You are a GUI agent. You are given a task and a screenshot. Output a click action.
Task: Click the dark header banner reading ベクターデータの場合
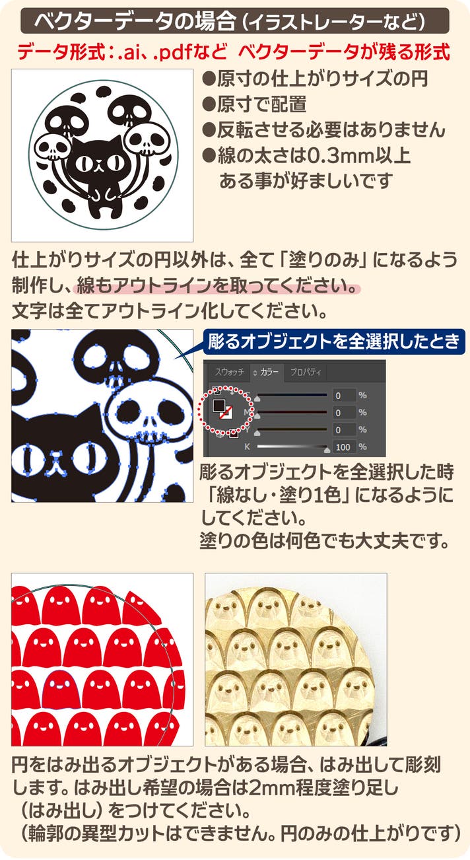point(234,20)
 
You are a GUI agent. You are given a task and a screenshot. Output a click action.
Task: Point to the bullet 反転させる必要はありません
point(323,129)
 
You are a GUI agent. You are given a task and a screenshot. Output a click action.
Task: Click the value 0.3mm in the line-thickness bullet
point(344,155)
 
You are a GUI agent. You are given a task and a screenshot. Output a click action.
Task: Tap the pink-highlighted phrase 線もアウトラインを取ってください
point(217,285)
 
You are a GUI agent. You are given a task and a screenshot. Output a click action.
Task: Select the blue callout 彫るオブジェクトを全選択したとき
point(333,341)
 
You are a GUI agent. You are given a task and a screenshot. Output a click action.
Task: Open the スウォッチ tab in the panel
point(230,372)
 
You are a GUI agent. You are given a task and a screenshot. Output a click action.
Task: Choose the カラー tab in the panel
point(269,372)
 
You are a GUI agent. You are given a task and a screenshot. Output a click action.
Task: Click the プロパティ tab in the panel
point(306,372)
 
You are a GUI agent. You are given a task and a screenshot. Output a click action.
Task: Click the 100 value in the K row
point(343,447)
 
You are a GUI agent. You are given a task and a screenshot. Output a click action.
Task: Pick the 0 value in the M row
point(338,413)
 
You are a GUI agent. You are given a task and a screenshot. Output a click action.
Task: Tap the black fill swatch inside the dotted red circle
point(219,405)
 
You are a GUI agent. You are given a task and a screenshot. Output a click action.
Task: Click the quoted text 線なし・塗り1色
point(279,495)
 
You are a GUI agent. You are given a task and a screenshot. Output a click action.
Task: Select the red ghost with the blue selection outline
point(61,690)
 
